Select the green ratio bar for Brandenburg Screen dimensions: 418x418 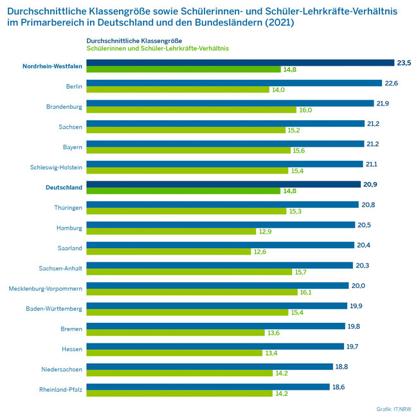[x=191, y=110]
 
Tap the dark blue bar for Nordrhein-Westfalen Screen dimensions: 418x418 [x=239, y=62]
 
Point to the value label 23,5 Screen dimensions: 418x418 [x=404, y=62]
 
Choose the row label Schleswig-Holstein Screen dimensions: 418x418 [x=57, y=168]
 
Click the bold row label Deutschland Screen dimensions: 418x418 [x=64, y=188]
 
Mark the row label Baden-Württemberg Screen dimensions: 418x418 [x=54, y=309]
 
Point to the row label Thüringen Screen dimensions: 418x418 [x=68, y=208]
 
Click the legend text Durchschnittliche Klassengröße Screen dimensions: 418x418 [x=130, y=41]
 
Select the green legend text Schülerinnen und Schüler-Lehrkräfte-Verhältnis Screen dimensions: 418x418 [x=158, y=48]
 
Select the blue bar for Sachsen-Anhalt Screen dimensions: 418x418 [x=219, y=264]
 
